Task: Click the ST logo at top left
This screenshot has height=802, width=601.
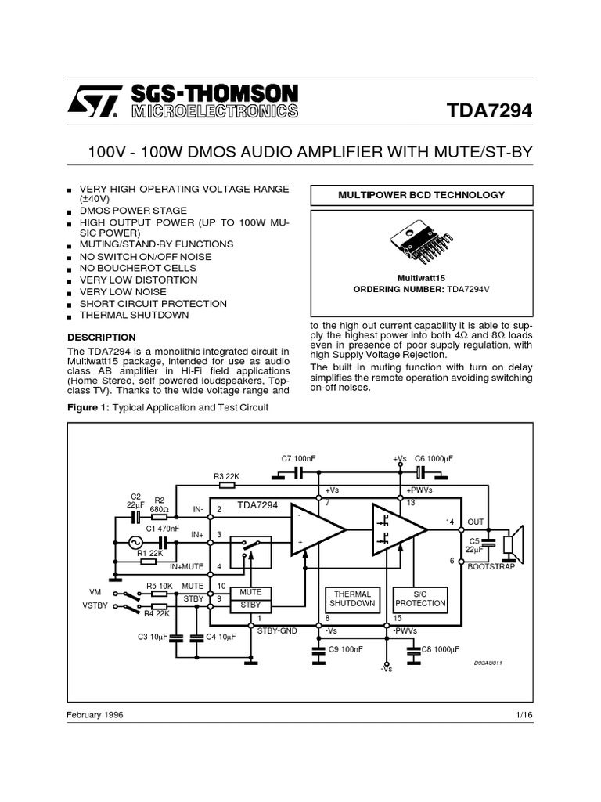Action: [95, 101]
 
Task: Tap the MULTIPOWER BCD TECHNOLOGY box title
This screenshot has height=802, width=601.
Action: [422, 195]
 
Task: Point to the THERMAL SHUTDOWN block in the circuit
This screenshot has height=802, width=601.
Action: [352, 599]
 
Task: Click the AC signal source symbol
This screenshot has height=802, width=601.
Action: [134, 542]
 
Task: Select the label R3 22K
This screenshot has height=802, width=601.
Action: [227, 476]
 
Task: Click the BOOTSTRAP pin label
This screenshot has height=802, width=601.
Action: [491, 566]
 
